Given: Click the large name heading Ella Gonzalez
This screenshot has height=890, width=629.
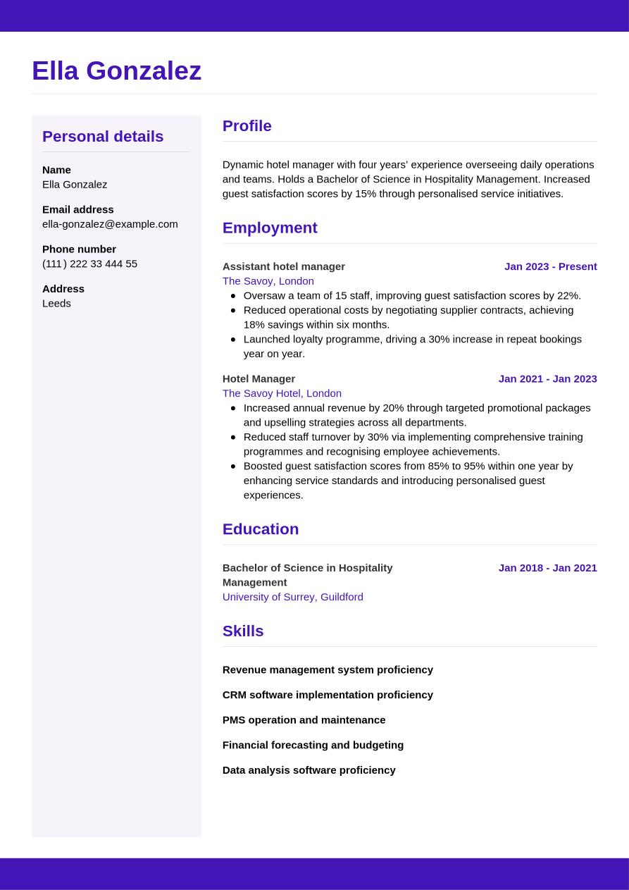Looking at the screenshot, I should (116, 71).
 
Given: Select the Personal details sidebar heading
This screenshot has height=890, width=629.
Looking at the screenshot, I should (103, 136).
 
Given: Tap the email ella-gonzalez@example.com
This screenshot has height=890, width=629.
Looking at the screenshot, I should (110, 224).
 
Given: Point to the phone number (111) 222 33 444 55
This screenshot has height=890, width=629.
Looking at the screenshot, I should (89, 264).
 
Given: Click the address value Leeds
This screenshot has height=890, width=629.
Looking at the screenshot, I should (56, 303).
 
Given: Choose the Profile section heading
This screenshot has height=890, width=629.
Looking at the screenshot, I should (247, 126).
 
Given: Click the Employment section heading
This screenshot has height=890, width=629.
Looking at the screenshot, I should (270, 228).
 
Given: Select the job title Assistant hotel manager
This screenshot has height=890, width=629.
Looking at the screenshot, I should (283, 266).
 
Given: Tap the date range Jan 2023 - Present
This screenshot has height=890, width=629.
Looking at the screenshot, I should (550, 266).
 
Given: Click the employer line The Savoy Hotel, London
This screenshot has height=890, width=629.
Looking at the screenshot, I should (282, 393).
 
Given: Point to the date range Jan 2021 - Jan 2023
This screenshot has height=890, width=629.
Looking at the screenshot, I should (547, 378).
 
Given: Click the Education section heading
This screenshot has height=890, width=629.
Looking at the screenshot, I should (260, 529).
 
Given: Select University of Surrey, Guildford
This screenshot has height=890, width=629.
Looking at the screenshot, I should (292, 597).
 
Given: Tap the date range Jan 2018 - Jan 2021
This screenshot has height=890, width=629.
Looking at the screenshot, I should (547, 568).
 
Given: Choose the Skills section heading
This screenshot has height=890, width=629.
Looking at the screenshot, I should (242, 631).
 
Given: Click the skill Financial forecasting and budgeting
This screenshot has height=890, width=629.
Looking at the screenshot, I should (313, 745).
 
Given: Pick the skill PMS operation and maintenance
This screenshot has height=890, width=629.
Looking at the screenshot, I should (304, 719).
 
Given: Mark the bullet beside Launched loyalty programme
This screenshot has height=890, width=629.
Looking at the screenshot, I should (233, 339).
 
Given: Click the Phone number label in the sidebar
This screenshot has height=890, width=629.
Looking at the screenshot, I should (79, 249).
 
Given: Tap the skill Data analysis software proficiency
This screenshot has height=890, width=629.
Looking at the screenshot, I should (309, 770).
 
